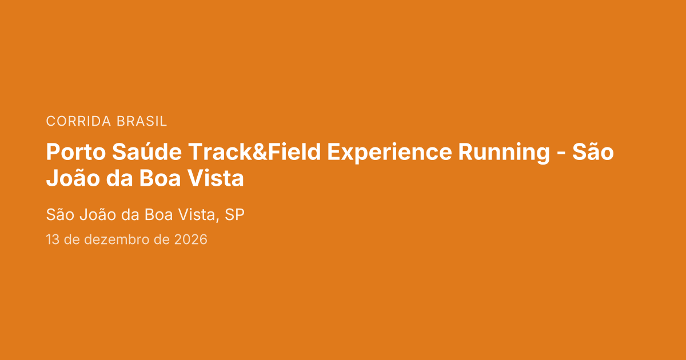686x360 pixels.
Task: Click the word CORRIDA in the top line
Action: coord(78,121)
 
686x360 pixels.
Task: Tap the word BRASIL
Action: coord(142,121)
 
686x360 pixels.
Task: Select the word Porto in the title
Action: coord(76,152)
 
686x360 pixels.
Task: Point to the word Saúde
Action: coord(147,151)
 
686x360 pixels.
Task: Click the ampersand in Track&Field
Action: coord(260,152)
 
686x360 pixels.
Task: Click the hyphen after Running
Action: coord(561,153)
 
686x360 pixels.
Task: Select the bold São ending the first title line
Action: coord(593,151)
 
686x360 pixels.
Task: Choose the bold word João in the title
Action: coord(73,178)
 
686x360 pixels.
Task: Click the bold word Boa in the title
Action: coord(160,178)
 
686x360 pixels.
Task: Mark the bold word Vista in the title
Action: coord(216,178)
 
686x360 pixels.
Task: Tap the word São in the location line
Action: coord(60,214)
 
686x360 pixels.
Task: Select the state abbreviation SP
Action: coord(234,215)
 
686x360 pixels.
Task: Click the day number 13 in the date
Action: coord(53,239)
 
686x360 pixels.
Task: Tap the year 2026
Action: coord(191,239)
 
